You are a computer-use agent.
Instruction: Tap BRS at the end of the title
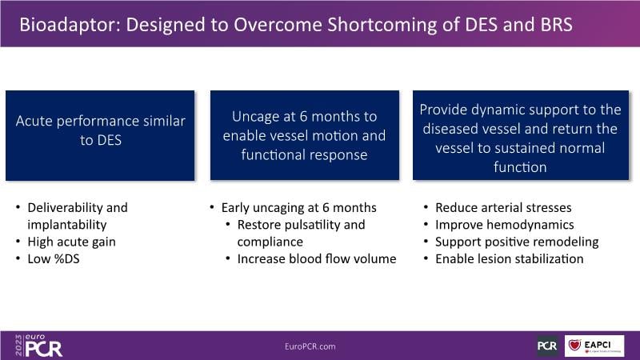pyautogui.click(x=556, y=25)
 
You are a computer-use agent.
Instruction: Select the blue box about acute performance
pyautogui.click(x=100, y=135)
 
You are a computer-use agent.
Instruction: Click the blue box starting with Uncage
pyautogui.click(x=305, y=135)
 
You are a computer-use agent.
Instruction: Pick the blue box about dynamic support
pyautogui.click(x=521, y=135)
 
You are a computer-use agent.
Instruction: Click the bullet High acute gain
pyautogui.click(x=71, y=242)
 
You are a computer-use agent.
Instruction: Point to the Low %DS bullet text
pyautogui.click(x=54, y=258)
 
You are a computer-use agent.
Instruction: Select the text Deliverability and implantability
pyautogui.click(x=78, y=216)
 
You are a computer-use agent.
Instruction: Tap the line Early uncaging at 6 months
pyautogui.click(x=298, y=207)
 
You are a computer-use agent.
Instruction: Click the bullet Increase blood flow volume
pyautogui.click(x=317, y=258)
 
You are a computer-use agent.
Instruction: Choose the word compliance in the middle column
pyautogui.click(x=270, y=242)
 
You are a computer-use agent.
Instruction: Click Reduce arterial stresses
pyautogui.click(x=503, y=207)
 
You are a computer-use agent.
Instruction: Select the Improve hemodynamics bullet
pyautogui.click(x=505, y=225)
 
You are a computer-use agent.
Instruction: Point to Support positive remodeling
pyautogui.click(x=517, y=242)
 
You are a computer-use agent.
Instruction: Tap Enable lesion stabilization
pyautogui.click(x=510, y=258)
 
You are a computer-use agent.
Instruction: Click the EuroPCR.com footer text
pyautogui.click(x=310, y=346)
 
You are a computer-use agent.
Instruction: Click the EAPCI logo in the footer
pyautogui.click(x=594, y=346)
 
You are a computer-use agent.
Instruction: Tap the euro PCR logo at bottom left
pyautogui.click(x=38, y=346)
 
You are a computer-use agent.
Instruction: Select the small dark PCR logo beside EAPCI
pyautogui.click(x=547, y=346)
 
